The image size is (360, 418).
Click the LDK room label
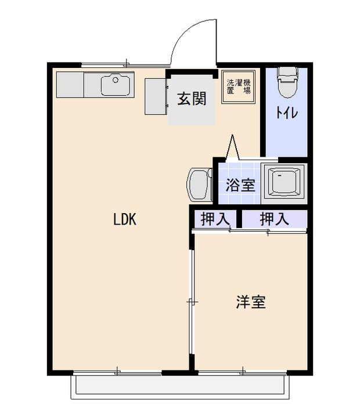click(124, 219)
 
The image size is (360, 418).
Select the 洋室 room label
click(251, 302)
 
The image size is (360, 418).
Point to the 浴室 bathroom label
click(240, 186)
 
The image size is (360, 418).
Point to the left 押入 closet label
click(214, 219)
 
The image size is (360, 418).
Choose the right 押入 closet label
click(274, 219)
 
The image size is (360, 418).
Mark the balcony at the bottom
click(179, 386)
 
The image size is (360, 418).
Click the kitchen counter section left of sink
click(70, 85)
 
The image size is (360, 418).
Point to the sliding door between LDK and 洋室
click(192, 302)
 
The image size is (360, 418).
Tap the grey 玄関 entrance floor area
click(192, 113)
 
